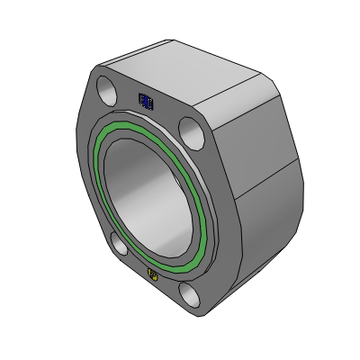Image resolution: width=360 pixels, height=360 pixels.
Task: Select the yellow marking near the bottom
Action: click(152, 274)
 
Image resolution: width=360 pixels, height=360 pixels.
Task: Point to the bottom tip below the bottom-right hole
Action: click(199, 315)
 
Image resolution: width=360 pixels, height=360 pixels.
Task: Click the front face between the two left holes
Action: click(90, 180)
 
